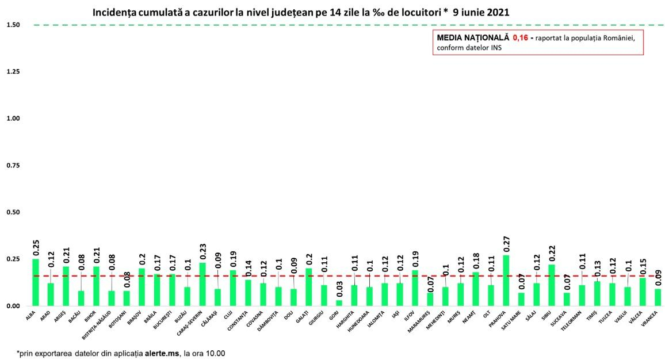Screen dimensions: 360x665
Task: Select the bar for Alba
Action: pos(36,282)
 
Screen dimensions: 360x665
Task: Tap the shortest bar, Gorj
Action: pos(339,303)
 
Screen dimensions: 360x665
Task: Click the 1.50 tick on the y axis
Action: pos(13,25)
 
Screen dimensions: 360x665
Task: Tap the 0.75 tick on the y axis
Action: pos(13,166)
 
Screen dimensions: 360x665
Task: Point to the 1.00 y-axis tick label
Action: pos(13,118)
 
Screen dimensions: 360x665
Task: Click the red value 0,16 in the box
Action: pos(520,37)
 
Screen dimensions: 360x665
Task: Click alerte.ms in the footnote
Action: pos(161,353)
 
